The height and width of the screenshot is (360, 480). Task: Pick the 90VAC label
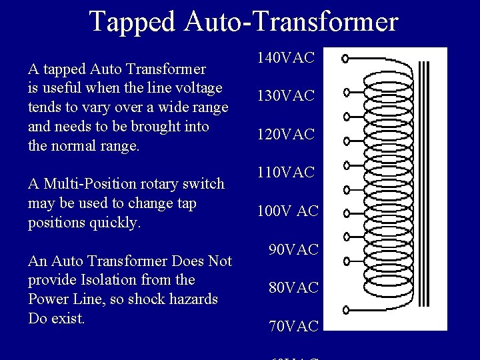pos(295,250)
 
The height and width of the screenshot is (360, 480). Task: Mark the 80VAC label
pos(295,289)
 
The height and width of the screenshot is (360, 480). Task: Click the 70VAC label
pos(295,327)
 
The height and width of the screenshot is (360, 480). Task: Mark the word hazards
pos(193,299)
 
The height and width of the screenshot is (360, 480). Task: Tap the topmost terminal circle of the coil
pos(345,59)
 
